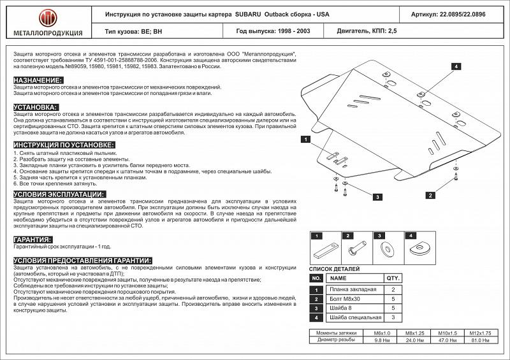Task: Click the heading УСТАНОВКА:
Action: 36,107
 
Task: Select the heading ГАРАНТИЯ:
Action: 33,239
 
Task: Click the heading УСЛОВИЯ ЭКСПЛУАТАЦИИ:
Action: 59,194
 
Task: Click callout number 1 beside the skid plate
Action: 306,139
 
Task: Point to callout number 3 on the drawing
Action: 377,197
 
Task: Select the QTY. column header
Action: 393,278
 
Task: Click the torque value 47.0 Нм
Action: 448,340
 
